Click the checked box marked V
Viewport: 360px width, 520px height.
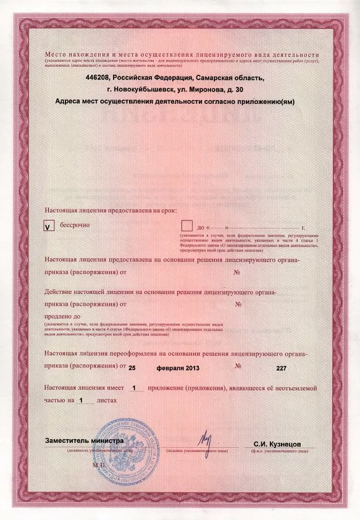tap(48, 226)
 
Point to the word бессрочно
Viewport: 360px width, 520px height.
tap(75, 225)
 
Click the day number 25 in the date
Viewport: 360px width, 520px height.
tap(131, 367)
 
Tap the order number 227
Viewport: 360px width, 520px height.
tap(282, 367)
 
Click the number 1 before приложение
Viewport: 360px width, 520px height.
tap(134, 388)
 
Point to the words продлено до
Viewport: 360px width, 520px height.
tap(63, 315)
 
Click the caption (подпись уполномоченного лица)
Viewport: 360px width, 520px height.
tap(201, 451)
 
